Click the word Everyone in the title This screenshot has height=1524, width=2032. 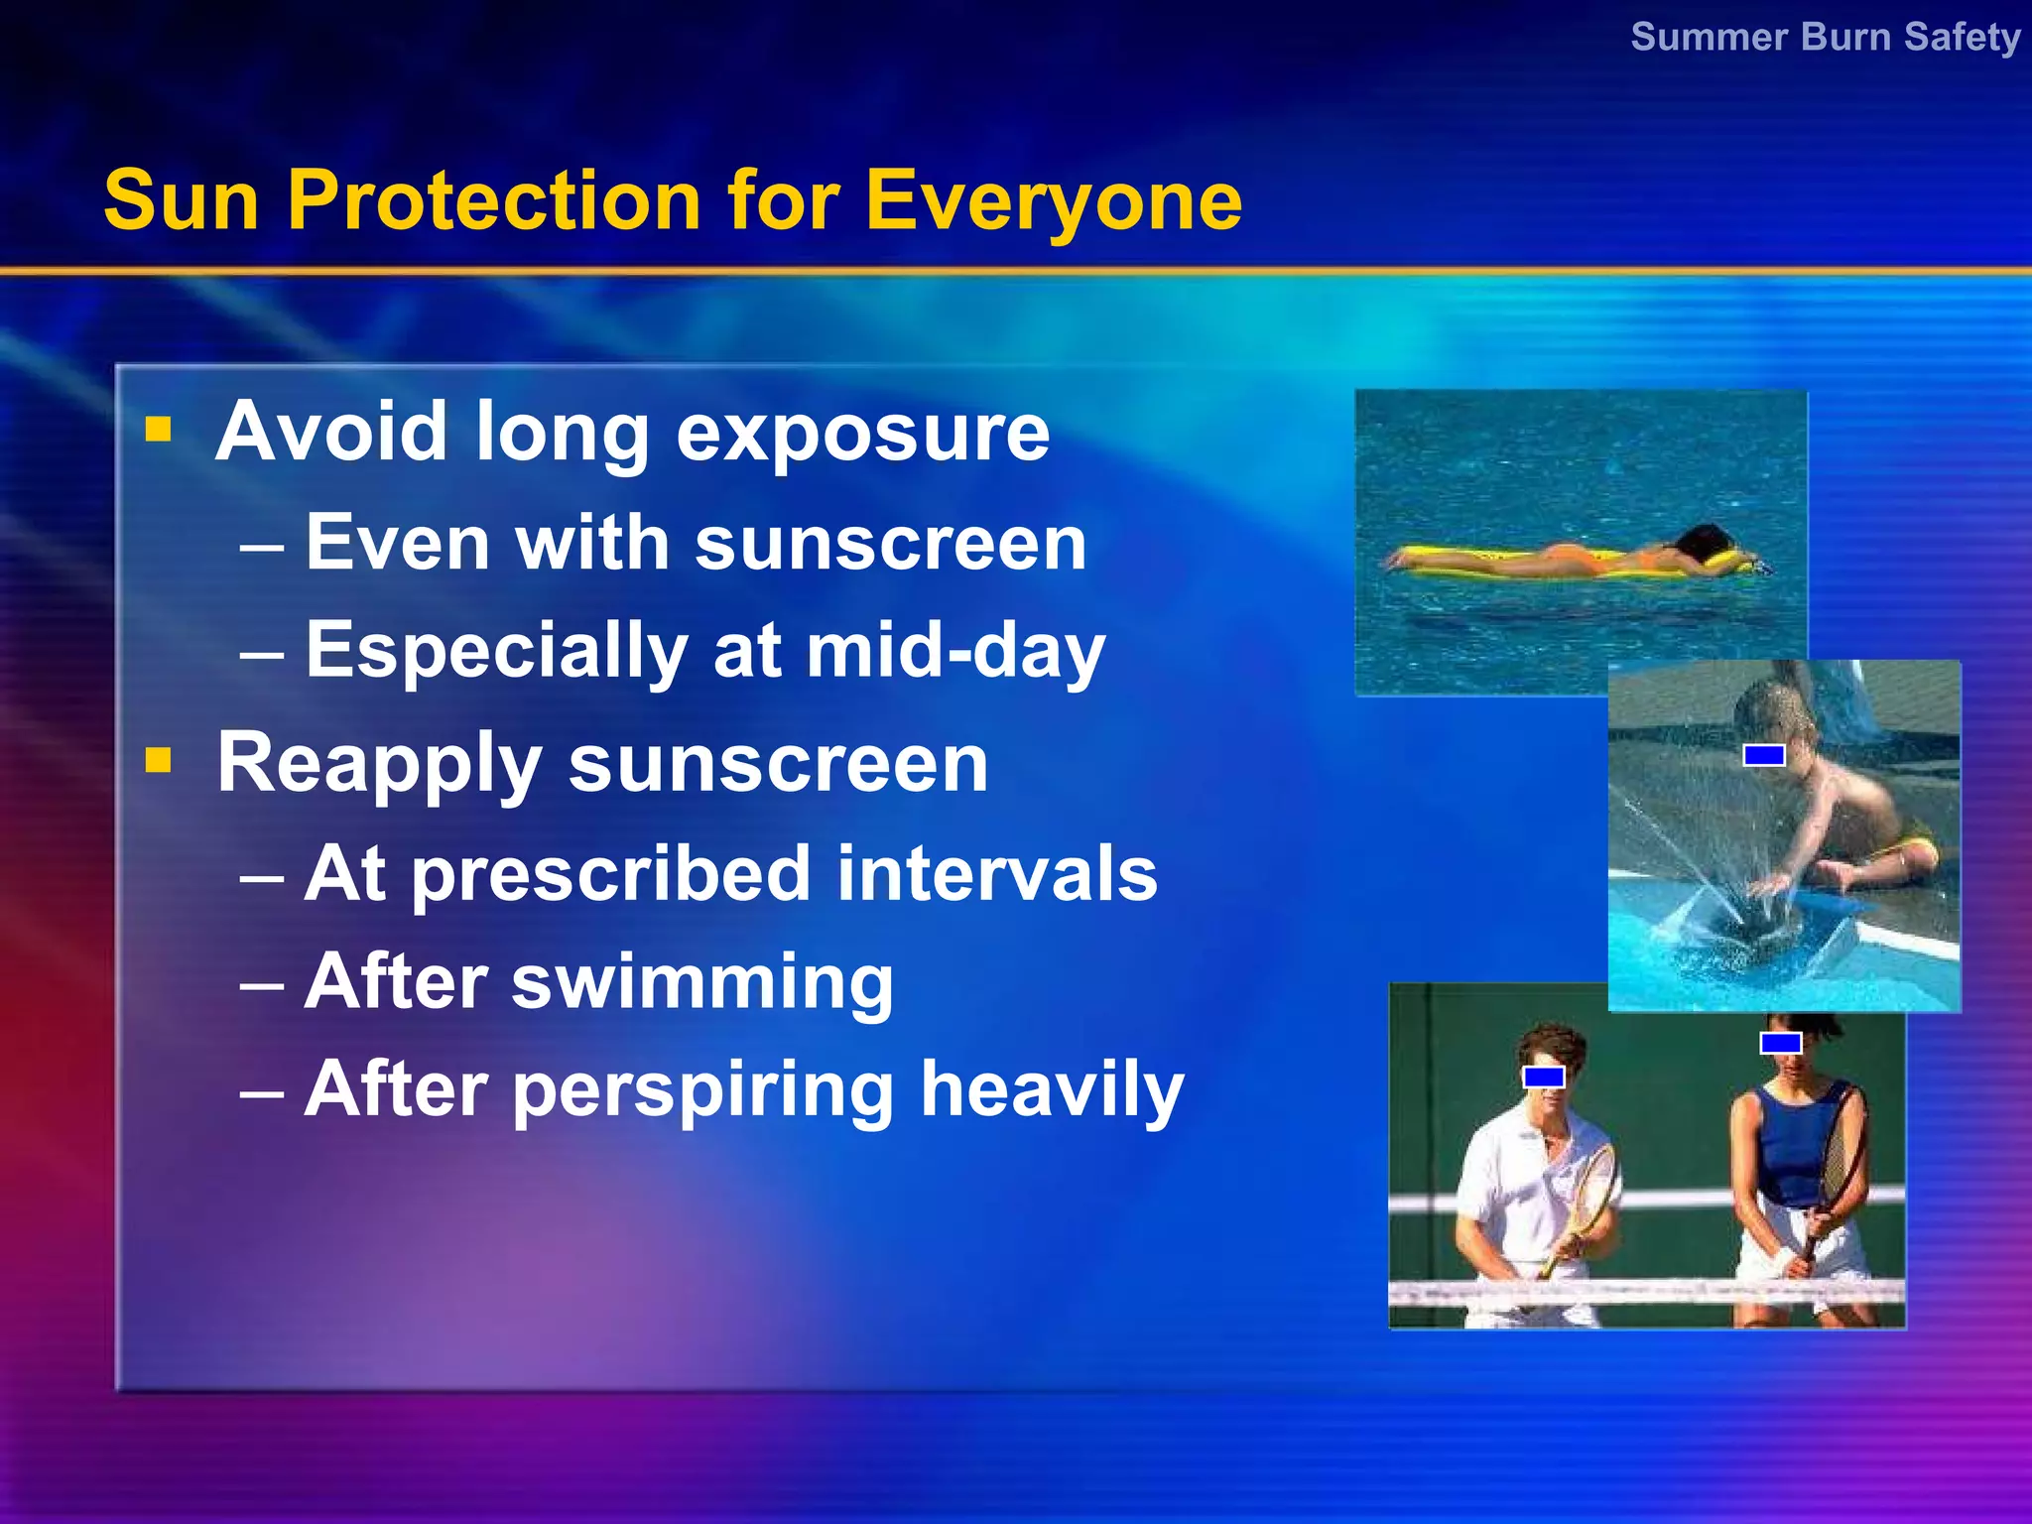coord(1053,202)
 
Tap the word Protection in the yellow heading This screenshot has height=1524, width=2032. coord(493,200)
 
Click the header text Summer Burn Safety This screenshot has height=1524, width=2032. coord(1825,38)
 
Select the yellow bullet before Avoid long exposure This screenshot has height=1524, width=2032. coord(159,430)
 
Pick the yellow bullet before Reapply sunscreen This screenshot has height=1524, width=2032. coord(159,761)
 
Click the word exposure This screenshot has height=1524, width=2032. coord(862,434)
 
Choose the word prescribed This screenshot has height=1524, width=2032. coord(611,875)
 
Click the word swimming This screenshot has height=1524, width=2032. coord(702,982)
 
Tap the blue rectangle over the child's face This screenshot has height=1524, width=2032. coord(1764,755)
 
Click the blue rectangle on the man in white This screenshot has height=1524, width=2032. coord(1544,1077)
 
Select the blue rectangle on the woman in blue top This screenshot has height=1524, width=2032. coord(1781,1043)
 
